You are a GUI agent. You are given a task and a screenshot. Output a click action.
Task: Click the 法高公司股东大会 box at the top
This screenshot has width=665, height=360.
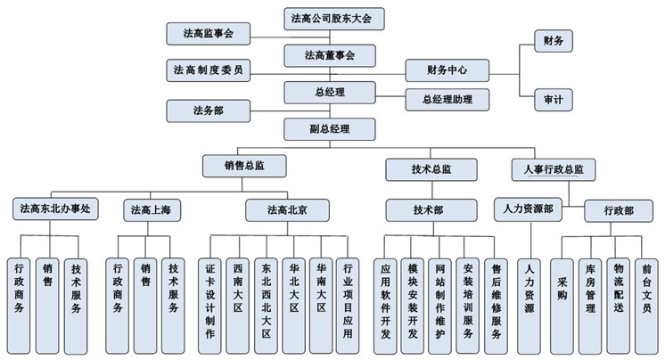334,19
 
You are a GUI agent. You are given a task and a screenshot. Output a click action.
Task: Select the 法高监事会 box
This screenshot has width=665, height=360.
209,34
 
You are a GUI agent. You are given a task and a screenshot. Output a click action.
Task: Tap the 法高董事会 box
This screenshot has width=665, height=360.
330,55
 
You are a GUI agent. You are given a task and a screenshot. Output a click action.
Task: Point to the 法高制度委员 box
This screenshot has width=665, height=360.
209,70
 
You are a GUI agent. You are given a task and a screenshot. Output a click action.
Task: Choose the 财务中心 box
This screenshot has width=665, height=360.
447,70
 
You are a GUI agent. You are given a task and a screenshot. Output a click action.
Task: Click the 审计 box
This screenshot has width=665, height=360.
554,100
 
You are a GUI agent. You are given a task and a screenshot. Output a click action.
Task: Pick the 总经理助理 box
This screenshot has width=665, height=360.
447,100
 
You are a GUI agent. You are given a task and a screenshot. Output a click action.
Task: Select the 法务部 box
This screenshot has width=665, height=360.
209,111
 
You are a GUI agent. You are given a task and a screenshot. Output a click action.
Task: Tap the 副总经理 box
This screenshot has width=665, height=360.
330,129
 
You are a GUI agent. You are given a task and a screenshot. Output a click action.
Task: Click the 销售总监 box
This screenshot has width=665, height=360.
244,166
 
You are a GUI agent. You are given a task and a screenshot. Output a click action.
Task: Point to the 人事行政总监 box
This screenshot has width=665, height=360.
554,169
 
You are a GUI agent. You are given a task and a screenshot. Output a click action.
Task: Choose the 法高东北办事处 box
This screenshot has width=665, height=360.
55,209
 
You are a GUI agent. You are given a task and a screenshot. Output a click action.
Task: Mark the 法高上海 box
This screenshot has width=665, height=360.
152,210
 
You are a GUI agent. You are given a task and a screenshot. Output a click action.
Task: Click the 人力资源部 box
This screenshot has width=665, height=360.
528,209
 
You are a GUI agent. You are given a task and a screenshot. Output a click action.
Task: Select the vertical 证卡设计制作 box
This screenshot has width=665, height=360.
209,307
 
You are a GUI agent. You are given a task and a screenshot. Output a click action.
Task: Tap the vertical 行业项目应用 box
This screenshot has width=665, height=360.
348,307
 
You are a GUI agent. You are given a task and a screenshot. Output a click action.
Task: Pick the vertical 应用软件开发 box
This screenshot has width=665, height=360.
385,307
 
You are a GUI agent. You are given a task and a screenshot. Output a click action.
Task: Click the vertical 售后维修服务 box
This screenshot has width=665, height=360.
496,307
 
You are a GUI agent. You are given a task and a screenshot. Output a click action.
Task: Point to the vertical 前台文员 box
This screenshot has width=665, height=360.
646,307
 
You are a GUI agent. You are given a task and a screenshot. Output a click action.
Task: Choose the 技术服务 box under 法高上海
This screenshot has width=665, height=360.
173,307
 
